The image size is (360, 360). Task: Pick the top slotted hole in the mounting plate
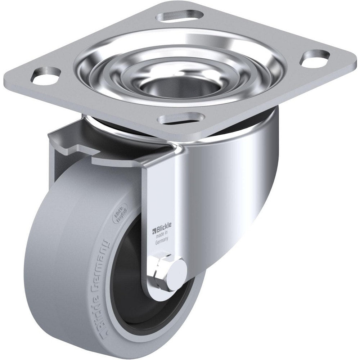tap(178, 16)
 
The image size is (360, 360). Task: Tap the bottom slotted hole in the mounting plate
tap(182, 118)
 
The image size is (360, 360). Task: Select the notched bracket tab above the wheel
tap(76, 144)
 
